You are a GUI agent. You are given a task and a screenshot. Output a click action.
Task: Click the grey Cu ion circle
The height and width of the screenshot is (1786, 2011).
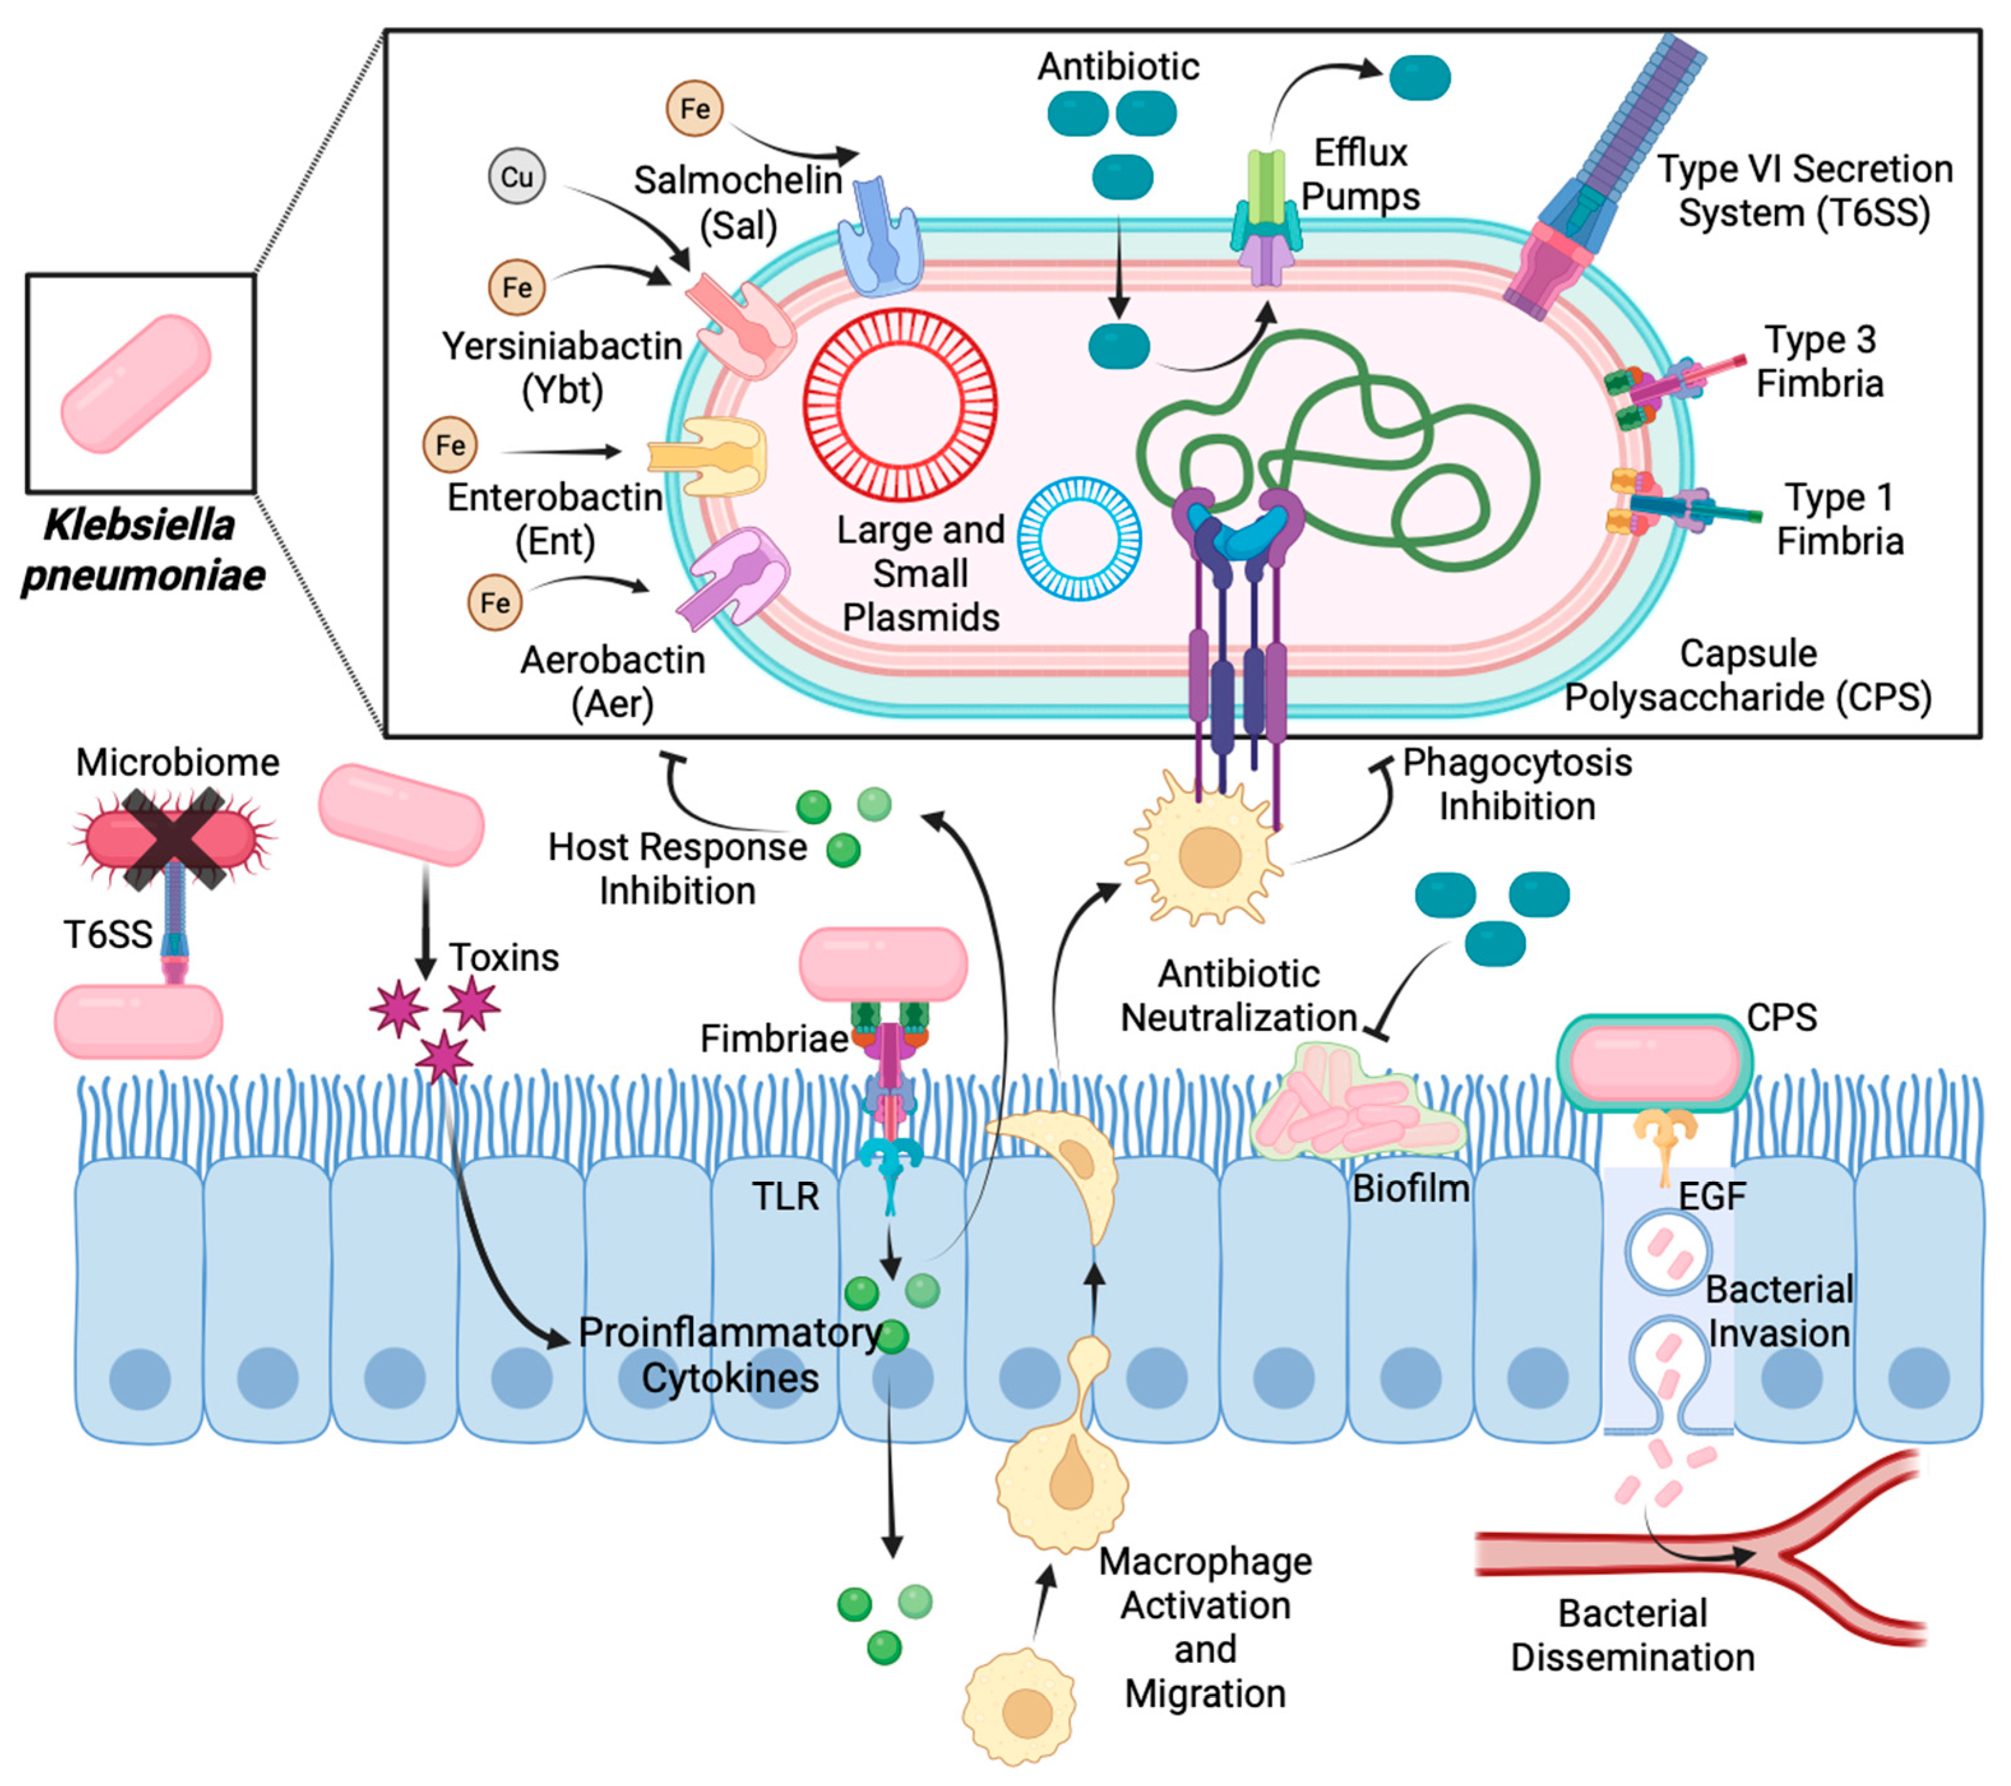516,177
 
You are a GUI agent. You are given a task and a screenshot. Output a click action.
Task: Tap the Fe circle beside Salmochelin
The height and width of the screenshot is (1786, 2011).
694,108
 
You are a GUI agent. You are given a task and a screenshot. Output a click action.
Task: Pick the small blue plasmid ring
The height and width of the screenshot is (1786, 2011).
1079,539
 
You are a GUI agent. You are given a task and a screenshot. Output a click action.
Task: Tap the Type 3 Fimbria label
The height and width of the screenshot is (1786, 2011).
1820,361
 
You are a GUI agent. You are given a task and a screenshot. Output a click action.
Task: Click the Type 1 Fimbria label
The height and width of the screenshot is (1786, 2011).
1840,519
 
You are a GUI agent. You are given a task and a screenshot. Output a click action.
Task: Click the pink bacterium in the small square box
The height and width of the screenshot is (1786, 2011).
136,384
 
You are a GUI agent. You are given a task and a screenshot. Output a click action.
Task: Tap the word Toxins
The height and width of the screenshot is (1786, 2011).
504,957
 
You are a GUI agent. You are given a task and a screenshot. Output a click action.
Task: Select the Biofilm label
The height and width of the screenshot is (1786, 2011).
1411,1189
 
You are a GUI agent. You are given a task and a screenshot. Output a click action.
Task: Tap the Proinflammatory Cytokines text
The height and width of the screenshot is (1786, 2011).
730,1355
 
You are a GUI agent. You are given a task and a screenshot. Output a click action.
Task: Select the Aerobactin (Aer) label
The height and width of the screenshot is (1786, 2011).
613,681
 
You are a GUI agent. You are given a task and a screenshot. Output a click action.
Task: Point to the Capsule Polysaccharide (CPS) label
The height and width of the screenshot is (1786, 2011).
1748,675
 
